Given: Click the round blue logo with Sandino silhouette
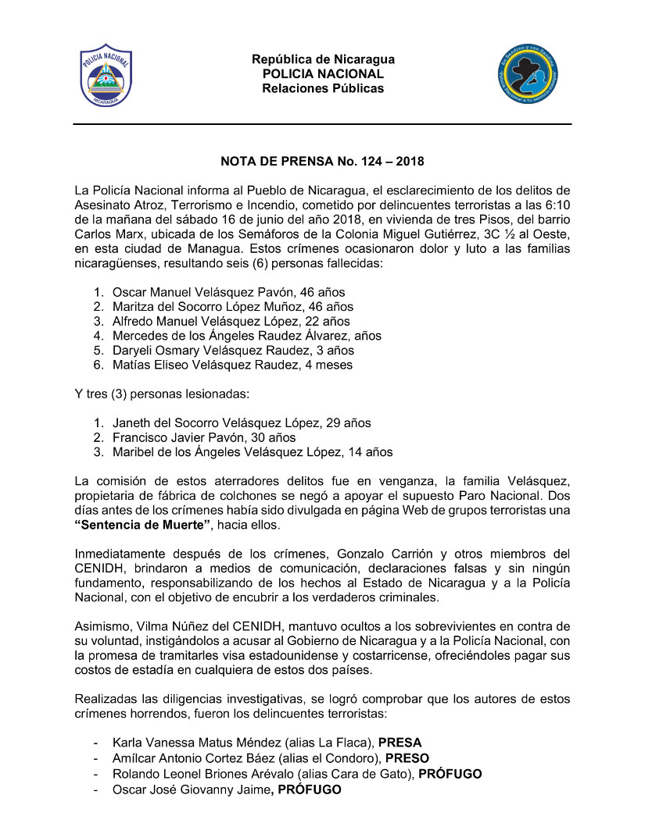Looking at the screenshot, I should click(x=529, y=76).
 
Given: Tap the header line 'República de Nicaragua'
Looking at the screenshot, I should click(x=323, y=60).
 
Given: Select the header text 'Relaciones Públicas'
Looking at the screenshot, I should click(x=323, y=88).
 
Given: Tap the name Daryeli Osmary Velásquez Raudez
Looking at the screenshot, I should click(x=205, y=350).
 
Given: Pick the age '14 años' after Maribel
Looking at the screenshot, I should click(x=372, y=452).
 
